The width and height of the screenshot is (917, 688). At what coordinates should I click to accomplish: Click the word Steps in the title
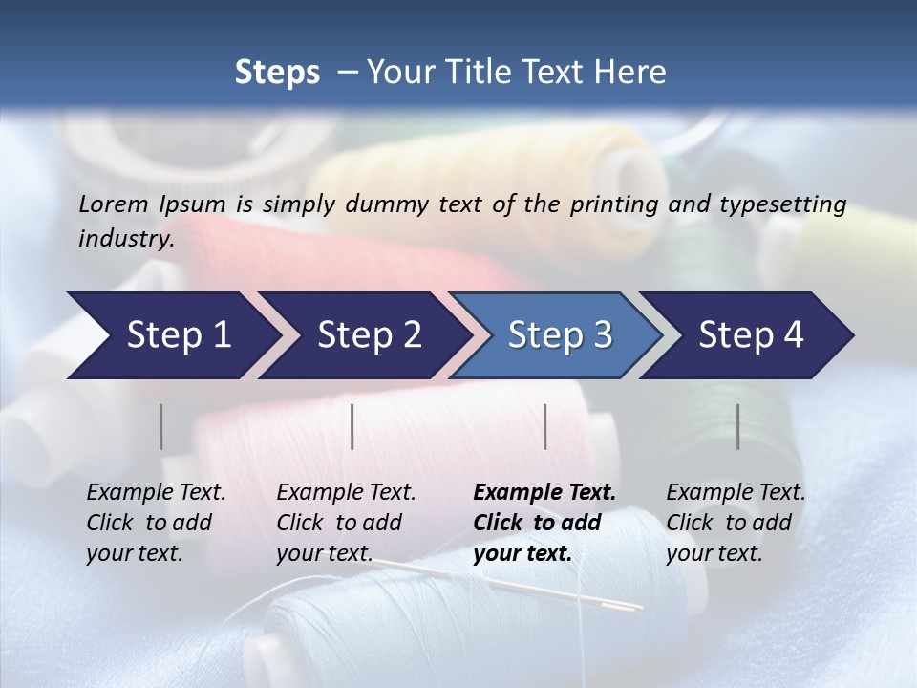(277, 73)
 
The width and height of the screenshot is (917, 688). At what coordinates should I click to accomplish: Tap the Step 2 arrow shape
(368, 335)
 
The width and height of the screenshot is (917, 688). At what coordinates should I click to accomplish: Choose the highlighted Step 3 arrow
(559, 335)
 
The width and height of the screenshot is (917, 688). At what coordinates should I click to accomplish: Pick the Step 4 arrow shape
(751, 335)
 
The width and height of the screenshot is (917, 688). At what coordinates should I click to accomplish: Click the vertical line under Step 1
(161, 426)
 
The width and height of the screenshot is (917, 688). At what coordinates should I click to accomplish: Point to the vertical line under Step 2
(352, 426)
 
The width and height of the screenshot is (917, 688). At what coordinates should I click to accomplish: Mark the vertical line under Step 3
(545, 426)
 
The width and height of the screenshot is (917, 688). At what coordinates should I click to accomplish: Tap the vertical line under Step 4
(738, 426)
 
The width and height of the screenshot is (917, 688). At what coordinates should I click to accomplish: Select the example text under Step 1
(156, 523)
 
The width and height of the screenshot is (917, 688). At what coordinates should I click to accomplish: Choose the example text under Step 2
(346, 523)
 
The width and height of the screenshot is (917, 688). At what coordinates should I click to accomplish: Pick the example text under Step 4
(736, 523)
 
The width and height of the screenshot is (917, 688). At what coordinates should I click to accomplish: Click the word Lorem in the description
(114, 204)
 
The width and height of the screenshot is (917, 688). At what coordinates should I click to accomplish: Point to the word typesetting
(782, 204)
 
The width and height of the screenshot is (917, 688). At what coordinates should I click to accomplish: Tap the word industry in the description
(126, 239)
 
